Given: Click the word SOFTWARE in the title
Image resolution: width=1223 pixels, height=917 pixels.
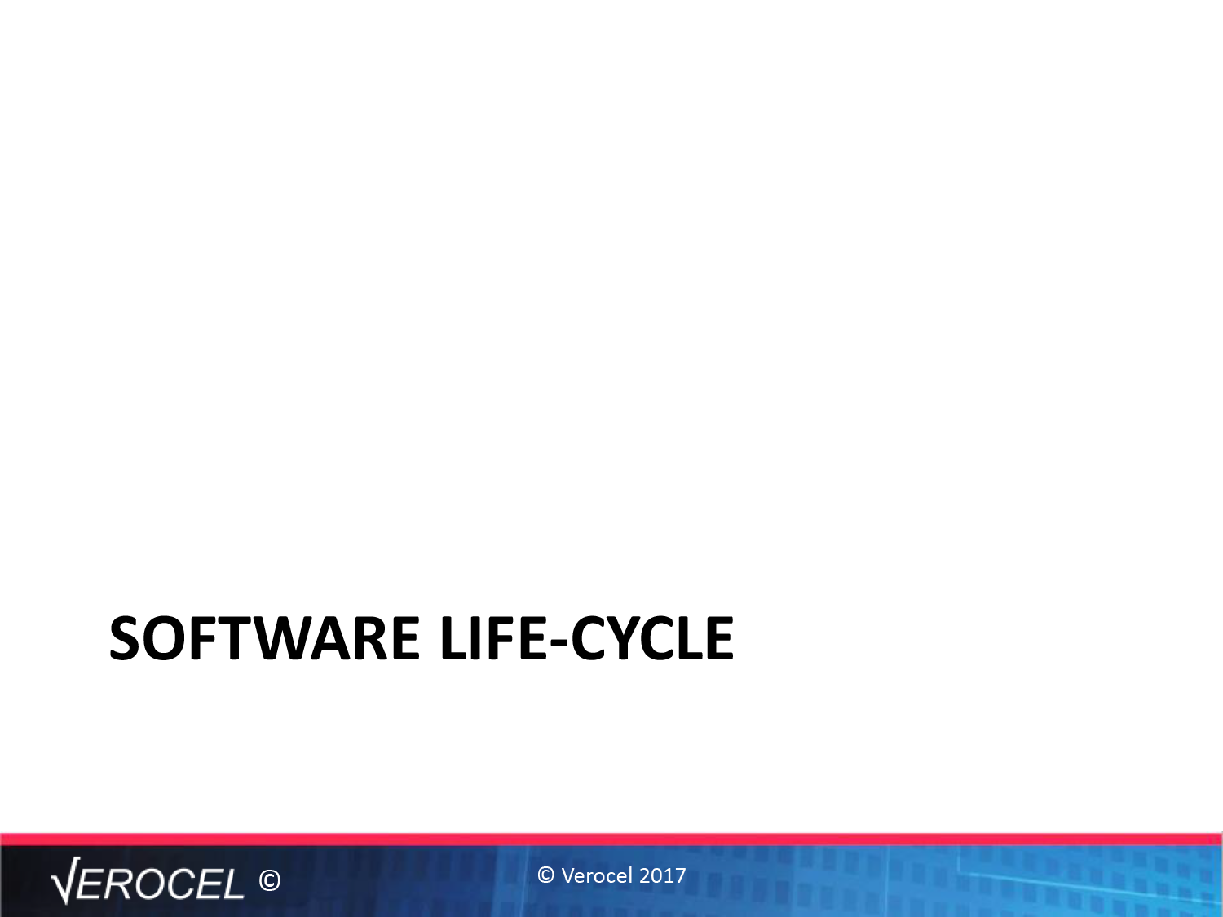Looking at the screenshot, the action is [x=264, y=638].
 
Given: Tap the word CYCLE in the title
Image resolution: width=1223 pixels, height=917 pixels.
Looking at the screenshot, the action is [x=652, y=638].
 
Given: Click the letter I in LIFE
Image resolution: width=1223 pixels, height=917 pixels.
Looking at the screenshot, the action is [x=478, y=638].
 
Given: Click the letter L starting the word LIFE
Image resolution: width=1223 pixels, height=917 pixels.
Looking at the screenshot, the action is [x=453, y=638].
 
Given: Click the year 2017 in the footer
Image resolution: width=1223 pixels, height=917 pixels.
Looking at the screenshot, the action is [x=663, y=875].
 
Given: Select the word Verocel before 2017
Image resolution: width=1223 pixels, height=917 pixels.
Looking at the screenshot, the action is [x=597, y=875].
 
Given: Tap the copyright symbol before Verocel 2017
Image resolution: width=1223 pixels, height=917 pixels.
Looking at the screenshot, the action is [x=546, y=875].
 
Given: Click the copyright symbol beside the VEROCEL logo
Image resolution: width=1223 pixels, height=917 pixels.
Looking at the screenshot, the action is [x=270, y=881].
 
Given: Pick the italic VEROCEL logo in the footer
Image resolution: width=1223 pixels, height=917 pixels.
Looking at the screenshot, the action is [x=148, y=881].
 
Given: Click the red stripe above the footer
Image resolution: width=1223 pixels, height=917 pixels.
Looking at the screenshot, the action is [x=611, y=840].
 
